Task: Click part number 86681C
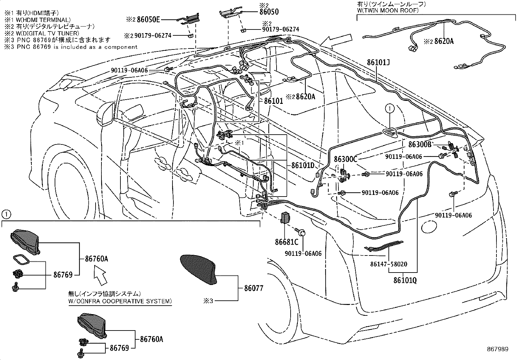287,242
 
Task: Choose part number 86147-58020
389,264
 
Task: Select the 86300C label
345,159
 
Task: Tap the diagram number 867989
497,349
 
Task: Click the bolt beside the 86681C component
302,233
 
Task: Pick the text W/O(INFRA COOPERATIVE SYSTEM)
120,301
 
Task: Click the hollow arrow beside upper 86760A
101,275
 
